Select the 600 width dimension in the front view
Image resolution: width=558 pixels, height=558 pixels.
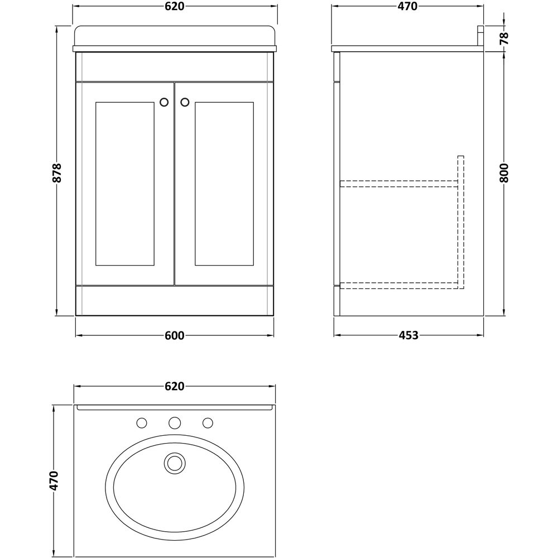[175, 336]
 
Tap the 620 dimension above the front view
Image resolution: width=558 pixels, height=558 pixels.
[175, 7]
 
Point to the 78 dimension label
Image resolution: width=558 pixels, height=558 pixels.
[504, 38]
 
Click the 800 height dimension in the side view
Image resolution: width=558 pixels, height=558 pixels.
[504, 173]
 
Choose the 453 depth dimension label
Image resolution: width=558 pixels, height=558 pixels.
[408, 336]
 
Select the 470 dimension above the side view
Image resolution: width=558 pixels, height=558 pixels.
[407, 7]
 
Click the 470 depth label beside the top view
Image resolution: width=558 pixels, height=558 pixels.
[54, 480]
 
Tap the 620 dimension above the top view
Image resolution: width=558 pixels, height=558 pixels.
[175, 387]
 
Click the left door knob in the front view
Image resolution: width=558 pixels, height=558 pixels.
[164, 102]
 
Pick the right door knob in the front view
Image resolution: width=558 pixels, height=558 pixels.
[185, 102]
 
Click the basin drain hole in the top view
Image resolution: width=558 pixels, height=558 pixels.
[175, 463]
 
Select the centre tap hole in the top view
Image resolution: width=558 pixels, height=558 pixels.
[175, 423]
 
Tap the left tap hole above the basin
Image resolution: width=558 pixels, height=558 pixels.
[142, 423]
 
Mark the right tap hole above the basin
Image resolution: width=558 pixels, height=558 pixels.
[208, 423]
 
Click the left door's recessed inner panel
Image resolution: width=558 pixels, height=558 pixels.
[124, 184]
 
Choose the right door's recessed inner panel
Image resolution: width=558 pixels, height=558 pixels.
[224, 184]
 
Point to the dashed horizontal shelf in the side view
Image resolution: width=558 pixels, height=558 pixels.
[398, 184]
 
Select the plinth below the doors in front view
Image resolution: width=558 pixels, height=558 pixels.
[175, 301]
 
